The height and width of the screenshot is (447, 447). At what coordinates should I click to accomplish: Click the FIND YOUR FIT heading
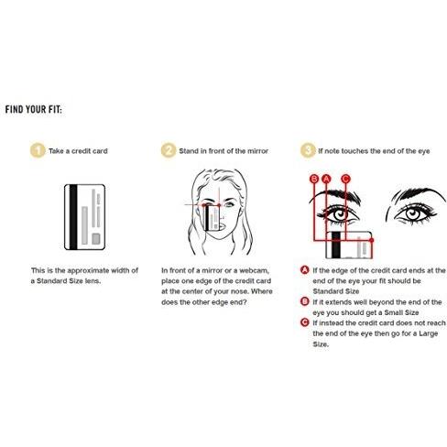click(x=34, y=109)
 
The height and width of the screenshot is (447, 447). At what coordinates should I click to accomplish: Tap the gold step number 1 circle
click(x=38, y=150)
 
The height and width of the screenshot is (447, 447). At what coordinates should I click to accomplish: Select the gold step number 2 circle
click(x=169, y=150)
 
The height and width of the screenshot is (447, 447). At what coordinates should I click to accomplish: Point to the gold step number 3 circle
click(x=308, y=150)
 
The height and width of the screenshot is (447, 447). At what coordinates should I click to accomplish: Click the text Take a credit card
click(x=78, y=151)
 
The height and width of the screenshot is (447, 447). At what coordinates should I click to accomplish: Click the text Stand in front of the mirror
click(x=223, y=151)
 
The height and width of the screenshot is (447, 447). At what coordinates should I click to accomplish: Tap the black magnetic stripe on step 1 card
click(x=73, y=217)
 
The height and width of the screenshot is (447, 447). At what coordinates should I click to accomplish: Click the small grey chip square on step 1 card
click(x=96, y=239)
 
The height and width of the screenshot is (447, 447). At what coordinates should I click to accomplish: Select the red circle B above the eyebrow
click(x=314, y=179)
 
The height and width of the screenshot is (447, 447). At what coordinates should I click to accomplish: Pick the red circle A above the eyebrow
click(x=327, y=179)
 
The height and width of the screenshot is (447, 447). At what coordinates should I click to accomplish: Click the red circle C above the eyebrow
click(x=345, y=179)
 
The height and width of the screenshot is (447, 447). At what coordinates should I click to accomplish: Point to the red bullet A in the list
click(x=305, y=270)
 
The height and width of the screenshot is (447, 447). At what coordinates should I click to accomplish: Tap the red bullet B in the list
click(x=305, y=301)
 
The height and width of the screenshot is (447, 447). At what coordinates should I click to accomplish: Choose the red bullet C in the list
click(x=305, y=322)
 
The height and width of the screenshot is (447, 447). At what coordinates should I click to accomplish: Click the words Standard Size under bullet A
click(x=336, y=291)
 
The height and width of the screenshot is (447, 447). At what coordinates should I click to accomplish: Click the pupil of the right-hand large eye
click(x=413, y=213)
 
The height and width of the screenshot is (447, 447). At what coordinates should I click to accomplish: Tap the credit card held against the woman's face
click(x=212, y=218)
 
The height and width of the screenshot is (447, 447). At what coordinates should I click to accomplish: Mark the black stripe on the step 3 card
click(x=336, y=245)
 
